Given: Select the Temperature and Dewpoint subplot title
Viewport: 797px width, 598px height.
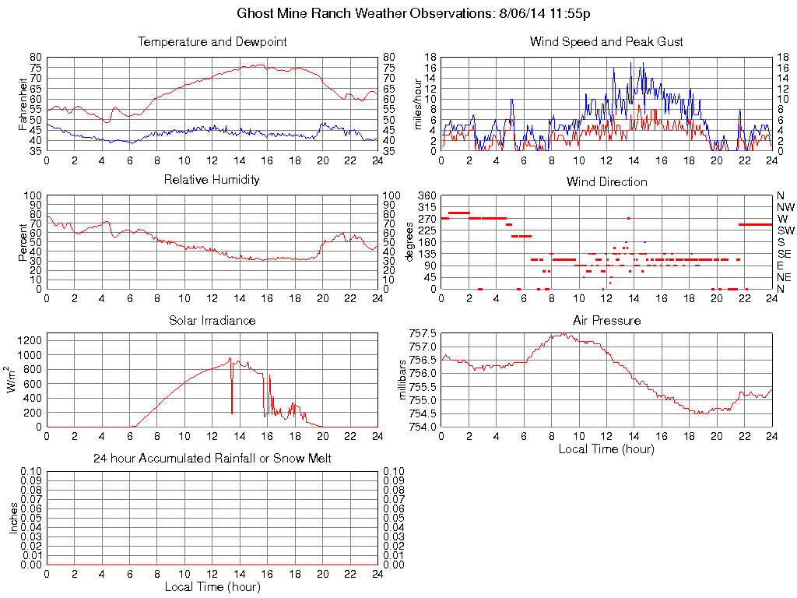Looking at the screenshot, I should [212, 42].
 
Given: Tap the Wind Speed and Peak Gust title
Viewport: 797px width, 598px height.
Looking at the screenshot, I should [606, 42].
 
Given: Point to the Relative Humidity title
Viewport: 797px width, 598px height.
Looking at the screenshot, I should [212, 180].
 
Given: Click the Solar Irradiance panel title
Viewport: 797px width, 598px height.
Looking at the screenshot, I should [212, 320].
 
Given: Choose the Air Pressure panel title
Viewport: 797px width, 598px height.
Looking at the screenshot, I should [606, 320].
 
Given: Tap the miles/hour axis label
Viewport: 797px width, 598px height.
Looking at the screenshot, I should [419, 104].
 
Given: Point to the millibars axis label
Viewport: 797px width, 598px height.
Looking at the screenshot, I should [402, 380].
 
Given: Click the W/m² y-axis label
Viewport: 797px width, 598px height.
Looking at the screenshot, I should [12, 380].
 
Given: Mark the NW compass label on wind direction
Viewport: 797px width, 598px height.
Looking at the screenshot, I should [785, 207].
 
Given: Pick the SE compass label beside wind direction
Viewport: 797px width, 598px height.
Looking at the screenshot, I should [785, 254].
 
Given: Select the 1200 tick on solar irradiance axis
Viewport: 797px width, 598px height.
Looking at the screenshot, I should [31, 340].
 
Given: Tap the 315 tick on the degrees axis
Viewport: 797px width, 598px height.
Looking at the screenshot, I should [427, 207].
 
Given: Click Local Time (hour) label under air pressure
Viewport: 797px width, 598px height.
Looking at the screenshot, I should [606, 448].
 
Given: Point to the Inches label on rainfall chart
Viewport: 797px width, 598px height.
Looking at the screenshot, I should [12, 518].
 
